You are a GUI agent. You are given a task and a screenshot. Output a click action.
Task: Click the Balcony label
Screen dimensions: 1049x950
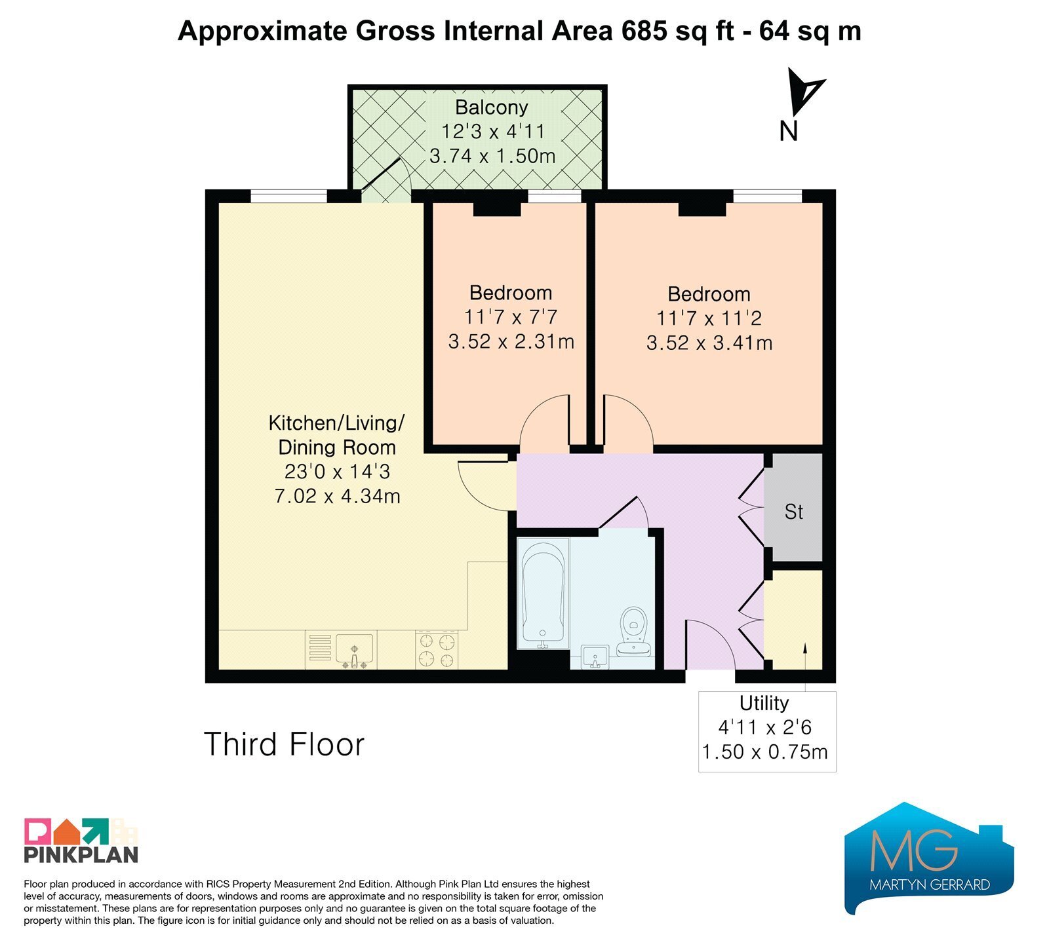coord(492,107)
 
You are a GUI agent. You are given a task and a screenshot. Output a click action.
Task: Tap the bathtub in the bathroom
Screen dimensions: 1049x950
coord(543,594)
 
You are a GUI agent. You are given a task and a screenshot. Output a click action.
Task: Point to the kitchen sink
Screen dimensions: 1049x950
coord(355,649)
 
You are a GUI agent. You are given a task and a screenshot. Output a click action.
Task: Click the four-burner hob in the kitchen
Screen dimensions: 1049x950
coord(437,649)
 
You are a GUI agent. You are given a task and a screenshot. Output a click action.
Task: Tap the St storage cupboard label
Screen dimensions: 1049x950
coord(793,512)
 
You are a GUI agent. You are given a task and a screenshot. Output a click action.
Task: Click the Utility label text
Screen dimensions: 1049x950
coord(764,703)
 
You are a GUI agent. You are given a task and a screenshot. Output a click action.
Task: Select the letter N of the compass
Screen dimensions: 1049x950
coord(788,131)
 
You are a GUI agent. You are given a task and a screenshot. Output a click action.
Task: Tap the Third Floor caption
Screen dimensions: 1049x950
coord(284,744)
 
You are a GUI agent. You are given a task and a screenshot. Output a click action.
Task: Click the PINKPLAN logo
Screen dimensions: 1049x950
coord(81,841)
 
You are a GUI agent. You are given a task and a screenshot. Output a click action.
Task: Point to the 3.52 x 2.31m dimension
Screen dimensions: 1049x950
coord(511,341)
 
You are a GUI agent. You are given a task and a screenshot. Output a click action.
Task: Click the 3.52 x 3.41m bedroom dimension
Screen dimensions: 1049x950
coord(709,343)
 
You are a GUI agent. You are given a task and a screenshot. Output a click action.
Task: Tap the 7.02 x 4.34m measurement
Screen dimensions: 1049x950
coord(337,496)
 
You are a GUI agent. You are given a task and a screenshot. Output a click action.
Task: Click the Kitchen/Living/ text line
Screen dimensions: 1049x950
coord(337,423)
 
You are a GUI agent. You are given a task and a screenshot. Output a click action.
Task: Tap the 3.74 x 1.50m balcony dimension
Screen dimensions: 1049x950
coord(492,156)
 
